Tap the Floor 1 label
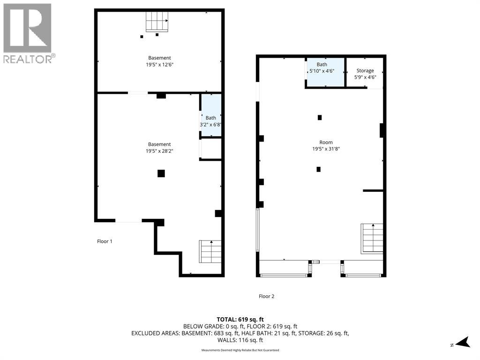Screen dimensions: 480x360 105,241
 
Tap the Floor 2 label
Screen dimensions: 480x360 266,296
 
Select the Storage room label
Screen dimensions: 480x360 365,70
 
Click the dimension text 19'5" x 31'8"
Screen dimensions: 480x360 326,149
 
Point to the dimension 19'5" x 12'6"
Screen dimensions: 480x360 159,65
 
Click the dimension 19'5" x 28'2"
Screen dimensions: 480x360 159,151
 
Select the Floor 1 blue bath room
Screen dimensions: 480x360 211,115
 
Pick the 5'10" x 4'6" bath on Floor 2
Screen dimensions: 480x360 326,72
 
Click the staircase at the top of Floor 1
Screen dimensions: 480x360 157,22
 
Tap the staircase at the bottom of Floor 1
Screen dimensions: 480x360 210,251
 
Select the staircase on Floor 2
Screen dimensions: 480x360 372,238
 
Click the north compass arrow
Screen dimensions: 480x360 463,342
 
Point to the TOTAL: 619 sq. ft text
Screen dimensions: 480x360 240,320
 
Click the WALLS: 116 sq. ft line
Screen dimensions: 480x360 240,340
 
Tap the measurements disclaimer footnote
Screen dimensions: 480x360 240,350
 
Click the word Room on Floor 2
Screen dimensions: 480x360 326,142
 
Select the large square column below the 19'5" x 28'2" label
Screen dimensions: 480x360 161,173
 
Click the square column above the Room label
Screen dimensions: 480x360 320,117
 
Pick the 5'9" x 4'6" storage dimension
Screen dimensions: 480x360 365,77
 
